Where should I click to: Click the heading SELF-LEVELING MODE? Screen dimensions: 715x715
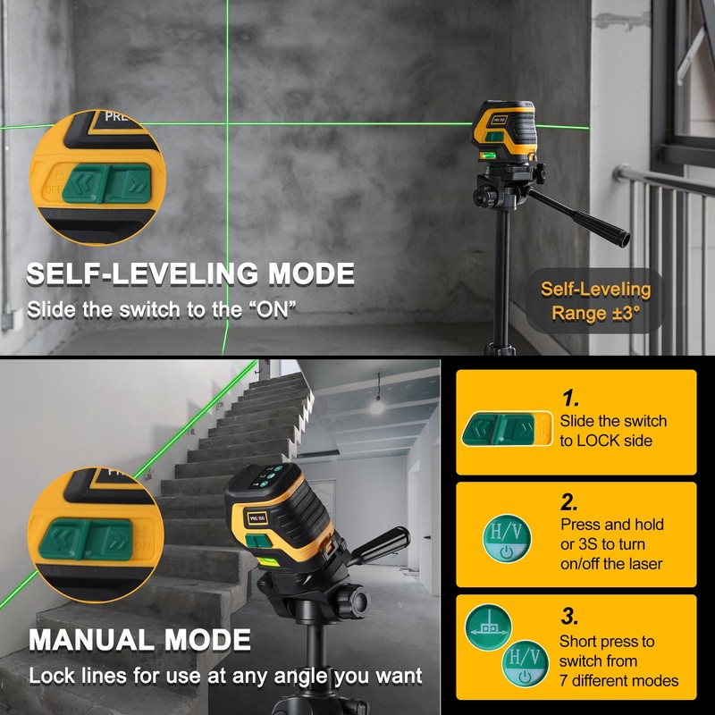190,273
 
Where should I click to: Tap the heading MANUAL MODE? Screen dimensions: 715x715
139,640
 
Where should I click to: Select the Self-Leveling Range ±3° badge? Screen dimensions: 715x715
595,301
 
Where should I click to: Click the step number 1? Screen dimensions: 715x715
570,399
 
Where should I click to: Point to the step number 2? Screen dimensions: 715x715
570,502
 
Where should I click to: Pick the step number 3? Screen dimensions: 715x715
570,617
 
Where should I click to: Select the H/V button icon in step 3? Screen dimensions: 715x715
523,664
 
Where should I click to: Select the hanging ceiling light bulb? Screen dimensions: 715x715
376,406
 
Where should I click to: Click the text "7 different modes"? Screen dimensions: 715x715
618,681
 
